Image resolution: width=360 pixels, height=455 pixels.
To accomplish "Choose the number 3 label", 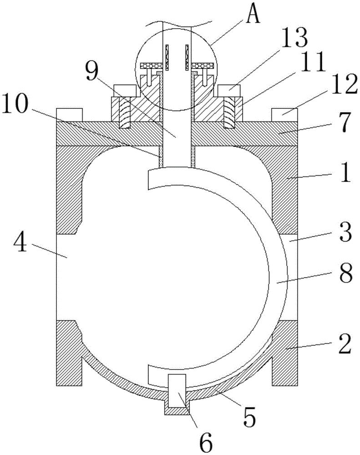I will pos(343,236).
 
